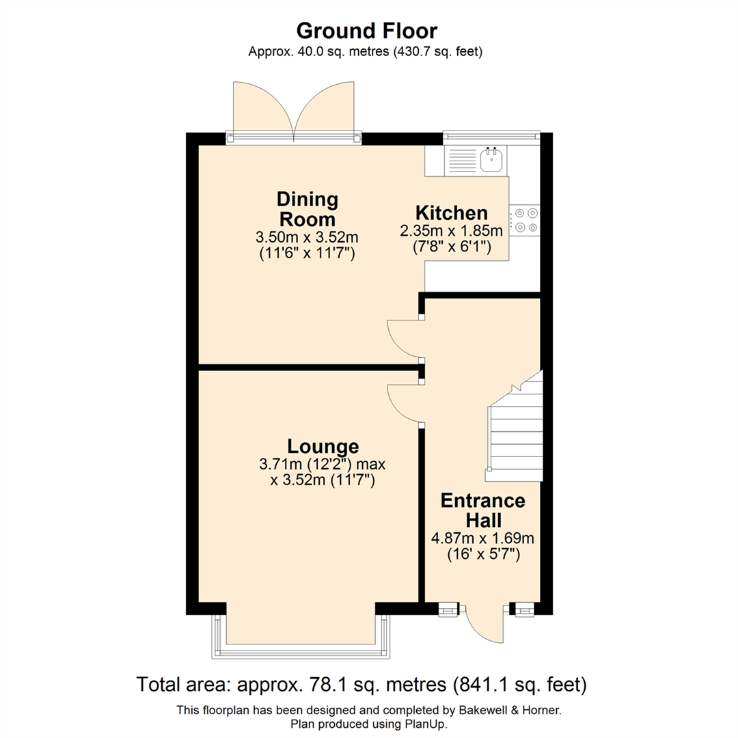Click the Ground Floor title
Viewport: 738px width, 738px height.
366,31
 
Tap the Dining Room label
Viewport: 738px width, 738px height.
307,209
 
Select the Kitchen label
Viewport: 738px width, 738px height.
452,213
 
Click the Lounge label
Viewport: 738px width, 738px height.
323,446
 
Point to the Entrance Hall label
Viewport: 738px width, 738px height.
482,510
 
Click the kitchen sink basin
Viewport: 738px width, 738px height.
491,161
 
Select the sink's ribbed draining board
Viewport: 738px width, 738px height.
461,161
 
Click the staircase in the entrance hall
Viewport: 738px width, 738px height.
514,430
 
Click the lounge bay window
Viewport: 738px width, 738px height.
301,639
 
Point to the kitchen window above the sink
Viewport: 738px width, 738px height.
491,135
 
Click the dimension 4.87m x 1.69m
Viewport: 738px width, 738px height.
482,538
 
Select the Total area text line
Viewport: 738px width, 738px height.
361,683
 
